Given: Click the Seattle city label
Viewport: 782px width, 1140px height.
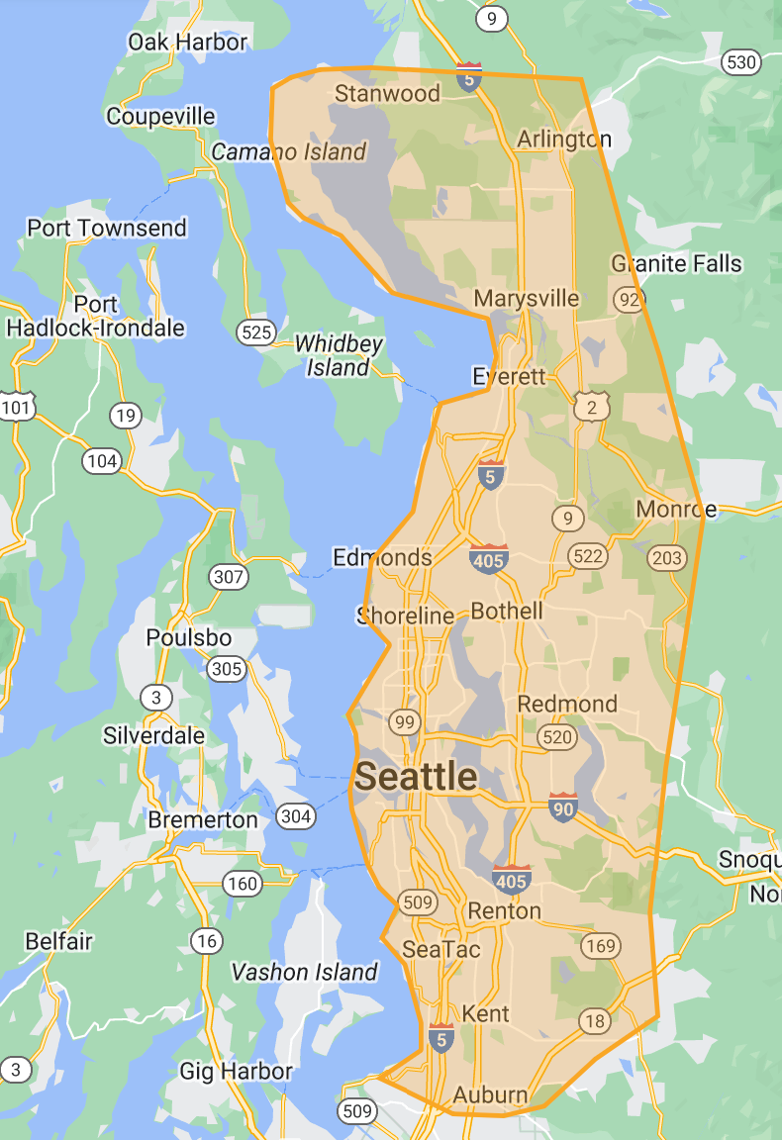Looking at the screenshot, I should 416,777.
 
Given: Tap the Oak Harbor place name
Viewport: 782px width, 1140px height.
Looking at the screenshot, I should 187,42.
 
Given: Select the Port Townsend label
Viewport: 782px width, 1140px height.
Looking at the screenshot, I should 107,228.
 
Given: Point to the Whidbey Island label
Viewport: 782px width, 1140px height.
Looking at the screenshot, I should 339,355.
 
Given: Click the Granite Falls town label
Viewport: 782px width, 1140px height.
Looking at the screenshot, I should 676,263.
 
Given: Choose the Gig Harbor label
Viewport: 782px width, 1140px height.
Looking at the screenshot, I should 236,1071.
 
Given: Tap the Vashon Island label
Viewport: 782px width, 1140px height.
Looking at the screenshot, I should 304,972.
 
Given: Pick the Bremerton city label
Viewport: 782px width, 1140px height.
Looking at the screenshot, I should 203,819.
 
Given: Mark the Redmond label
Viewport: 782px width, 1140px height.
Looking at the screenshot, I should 567,704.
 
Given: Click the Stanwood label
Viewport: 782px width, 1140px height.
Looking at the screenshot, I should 387,94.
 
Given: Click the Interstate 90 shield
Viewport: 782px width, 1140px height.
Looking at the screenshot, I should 563,807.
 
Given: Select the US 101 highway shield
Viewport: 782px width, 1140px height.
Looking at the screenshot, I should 16,406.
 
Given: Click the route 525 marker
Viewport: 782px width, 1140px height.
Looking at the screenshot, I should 256,332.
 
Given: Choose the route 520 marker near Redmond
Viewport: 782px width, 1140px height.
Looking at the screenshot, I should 556,736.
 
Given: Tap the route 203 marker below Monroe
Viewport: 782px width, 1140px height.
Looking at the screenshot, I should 667,558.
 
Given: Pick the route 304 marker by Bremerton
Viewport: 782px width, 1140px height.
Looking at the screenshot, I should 296,816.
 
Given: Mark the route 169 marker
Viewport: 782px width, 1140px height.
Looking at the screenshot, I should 600,945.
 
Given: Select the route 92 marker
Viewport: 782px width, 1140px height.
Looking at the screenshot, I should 629,298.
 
